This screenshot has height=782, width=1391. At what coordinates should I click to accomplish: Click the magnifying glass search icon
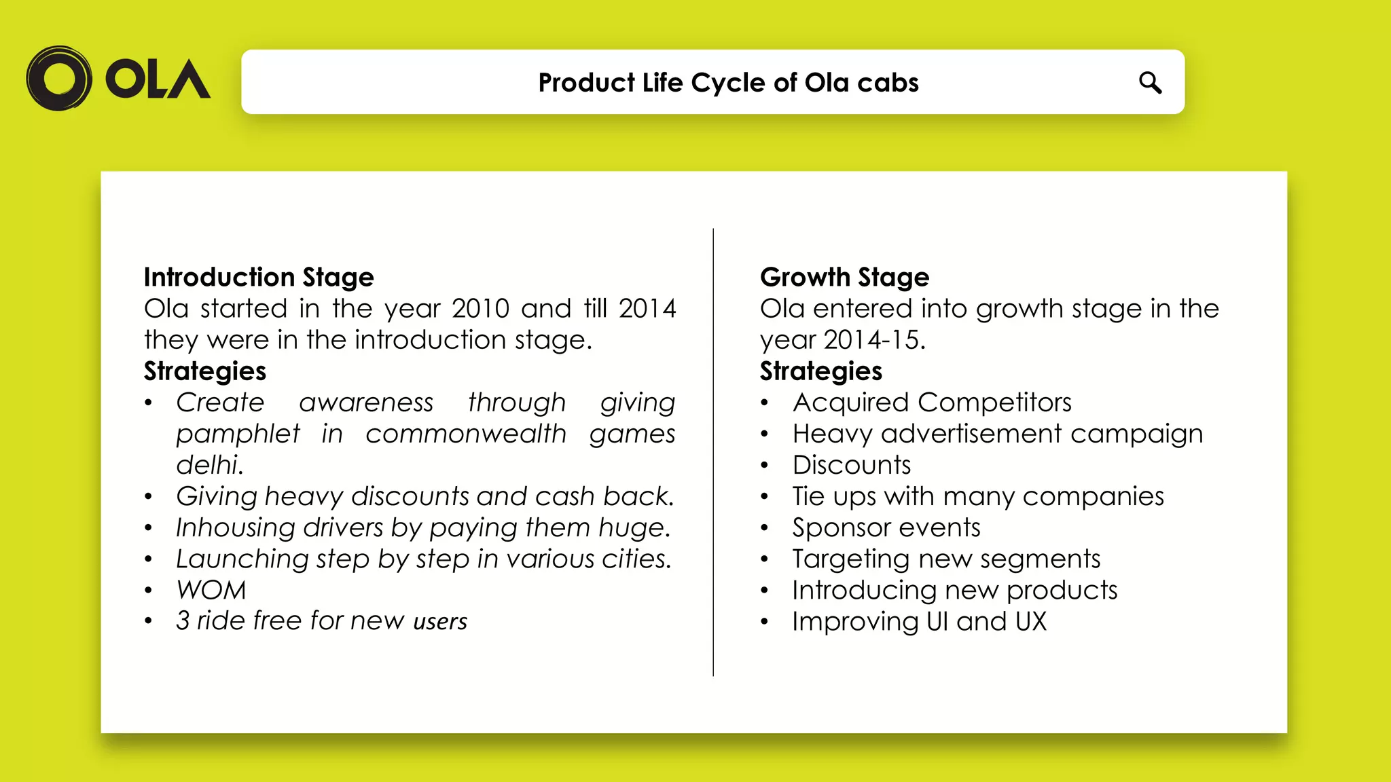(1150, 82)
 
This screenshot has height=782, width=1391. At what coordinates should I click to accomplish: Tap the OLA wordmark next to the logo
(158, 79)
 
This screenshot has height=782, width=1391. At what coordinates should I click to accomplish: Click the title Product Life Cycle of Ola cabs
(728, 82)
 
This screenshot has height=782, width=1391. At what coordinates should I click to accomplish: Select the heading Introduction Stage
(259, 277)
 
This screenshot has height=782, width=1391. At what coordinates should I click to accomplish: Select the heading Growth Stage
(844, 277)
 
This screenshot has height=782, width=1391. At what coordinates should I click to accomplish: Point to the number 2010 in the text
(480, 309)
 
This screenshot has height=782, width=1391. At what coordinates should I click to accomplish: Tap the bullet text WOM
(211, 590)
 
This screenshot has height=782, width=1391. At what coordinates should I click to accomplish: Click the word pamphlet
(238, 434)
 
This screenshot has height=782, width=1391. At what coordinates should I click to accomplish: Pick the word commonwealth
(466, 434)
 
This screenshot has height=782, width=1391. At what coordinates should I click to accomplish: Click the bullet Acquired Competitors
(932, 403)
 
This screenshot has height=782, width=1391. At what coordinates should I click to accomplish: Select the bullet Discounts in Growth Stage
(852, 465)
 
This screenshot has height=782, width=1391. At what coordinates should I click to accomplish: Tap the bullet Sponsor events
(886, 527)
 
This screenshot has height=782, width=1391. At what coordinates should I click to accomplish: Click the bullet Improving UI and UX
(919, 621)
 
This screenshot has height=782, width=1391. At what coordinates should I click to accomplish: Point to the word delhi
(209, 465)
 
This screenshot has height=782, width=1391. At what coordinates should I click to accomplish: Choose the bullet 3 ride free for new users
(321, 621)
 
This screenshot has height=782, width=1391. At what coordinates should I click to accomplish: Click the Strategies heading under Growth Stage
(820, 371)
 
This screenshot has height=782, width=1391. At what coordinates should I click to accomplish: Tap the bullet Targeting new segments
(946, 559)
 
